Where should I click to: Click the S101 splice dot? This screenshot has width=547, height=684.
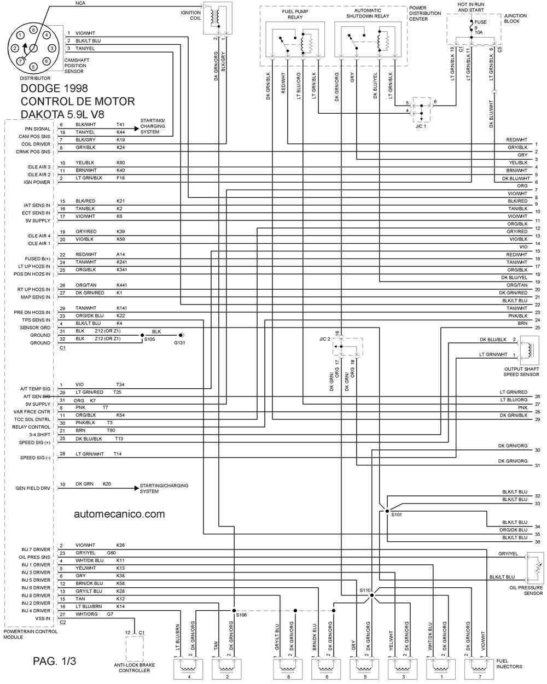[x=387, y=511]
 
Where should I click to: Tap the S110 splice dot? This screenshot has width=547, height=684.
[x=372, y=595]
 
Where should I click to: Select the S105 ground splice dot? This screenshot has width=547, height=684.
[x=142, y=335]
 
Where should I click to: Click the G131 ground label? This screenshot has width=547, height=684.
[x=179, y=343]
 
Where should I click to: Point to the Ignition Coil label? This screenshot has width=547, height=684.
[x=190, y=15]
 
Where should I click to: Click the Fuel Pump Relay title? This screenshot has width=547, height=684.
[x=295, y=14]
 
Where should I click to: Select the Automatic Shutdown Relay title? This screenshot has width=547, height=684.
[x=368, y=13]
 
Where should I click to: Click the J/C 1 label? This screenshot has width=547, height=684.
[x=421, y=126]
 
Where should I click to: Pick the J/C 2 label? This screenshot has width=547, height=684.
[x=324, y=339]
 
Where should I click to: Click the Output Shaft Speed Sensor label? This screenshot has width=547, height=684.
[x=521, y=372]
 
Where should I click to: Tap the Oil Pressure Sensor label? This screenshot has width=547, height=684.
[x=526, y=591]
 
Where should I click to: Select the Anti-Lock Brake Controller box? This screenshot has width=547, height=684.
[x=134, y=648]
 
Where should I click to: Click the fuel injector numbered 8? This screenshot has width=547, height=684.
[x=288, y=669]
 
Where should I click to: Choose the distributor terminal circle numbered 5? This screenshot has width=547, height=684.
[x=33, y=67]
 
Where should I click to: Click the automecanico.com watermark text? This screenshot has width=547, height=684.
[x=119, y=514]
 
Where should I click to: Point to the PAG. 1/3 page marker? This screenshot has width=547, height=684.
[x=54, y=661]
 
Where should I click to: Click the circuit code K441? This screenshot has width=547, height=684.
[x=121, y=285]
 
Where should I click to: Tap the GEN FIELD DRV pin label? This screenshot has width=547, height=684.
[x=33, y=488]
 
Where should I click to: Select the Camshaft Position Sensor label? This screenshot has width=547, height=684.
[x=77, y=66]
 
